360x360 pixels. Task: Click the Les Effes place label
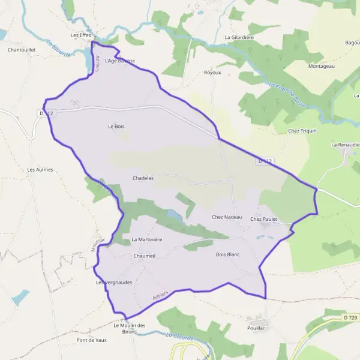pyautogui.click(x=80, y=35)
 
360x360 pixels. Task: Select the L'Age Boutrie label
pyautogui.click(x=119, y=61)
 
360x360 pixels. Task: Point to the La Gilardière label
pyautogui.click(x=239, y=37)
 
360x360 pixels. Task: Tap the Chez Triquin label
pyautogui.click(x=302, y=130)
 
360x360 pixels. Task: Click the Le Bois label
pyautogui.click(x=116, y=127)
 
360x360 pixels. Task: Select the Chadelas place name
pyautogui.click(x=143, y=178)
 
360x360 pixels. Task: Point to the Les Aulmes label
pyautogui.click(x=40, y=170)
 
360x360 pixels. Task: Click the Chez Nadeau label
pyautogui.click(x=227, y=217)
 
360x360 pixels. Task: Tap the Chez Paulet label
pyautogui.click(x=263, y=219)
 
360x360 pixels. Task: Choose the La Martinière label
pyautogui.click(x=147, y=239)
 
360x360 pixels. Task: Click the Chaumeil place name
pyautogui.click(x=145, y=256)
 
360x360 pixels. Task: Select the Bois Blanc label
pyautogui.click(x=227, y=254)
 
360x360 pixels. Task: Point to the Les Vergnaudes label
pyautogui.click(x=114, y=281)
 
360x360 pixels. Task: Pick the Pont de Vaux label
pyautogui.click(x=91, y=340)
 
